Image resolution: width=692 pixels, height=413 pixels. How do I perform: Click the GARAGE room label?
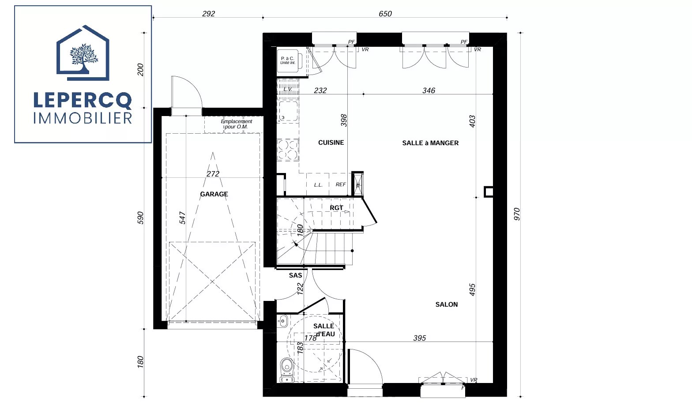[214, 194]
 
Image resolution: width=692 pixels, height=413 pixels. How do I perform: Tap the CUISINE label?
[331, 143]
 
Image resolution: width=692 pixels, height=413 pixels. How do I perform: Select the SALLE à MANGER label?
[430, 143]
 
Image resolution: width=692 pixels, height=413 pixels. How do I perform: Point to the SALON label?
[447, 304]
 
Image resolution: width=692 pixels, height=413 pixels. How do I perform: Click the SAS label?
[295, 275]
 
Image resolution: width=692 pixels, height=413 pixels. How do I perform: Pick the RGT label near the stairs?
[336, 208]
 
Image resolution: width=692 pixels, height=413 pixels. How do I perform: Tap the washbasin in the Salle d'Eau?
[282, 321]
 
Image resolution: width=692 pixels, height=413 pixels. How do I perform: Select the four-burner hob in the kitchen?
[288, 150]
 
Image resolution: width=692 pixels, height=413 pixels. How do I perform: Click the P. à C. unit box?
[288, 60]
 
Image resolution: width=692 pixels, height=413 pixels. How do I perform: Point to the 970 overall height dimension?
[517, 214]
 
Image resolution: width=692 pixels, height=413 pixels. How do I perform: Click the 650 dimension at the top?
[385, 14]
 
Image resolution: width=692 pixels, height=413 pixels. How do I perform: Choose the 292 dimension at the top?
[208, 14]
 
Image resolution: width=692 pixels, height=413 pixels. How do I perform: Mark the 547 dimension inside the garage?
[182, 218]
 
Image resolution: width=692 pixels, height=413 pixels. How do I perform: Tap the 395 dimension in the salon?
[420, 338]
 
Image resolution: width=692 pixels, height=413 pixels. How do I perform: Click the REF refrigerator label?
[340, 184]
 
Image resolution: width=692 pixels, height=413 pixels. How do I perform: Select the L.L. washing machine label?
[318, 185]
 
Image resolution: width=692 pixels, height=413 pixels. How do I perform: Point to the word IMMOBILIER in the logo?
[83, 118]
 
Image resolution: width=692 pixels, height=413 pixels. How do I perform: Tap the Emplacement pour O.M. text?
[237, 124]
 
